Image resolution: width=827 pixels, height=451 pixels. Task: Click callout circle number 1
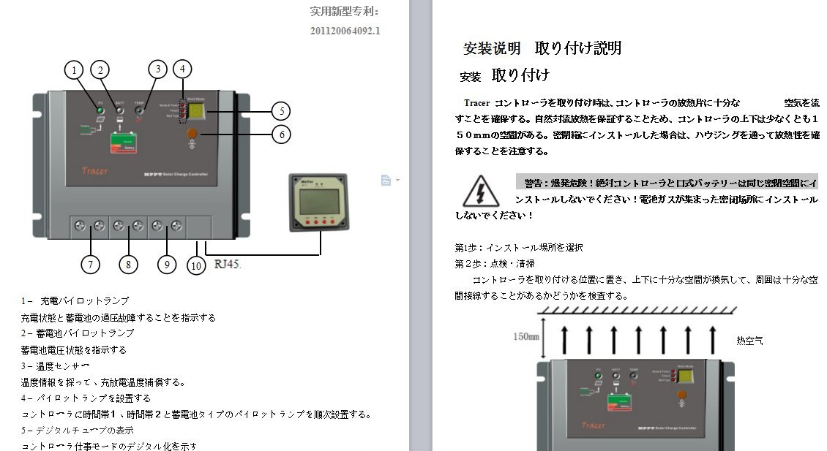point(73,70)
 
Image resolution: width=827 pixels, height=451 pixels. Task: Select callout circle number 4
point(182,69)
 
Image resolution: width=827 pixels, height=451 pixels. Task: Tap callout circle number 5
point(281,112)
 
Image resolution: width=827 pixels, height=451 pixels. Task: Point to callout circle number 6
point(281,134)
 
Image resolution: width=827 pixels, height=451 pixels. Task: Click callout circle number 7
point(90,265)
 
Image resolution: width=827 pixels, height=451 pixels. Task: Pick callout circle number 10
point(195,266)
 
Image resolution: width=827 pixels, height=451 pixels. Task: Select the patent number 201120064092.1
point(345,31)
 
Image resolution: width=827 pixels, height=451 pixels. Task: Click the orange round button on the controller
point(192,134)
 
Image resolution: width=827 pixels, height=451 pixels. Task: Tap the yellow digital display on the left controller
point(196,111)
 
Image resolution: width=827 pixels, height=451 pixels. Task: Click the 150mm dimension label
point(525,337)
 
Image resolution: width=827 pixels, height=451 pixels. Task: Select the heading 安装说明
point(492,49)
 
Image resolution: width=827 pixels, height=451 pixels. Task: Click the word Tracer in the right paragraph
point(476,103)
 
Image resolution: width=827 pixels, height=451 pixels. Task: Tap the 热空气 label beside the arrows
point(749,341)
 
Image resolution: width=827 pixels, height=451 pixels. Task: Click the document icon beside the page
point(386,181)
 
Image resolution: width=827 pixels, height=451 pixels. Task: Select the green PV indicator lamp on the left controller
point(100,110)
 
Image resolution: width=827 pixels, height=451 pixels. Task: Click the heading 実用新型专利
point(344,11)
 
